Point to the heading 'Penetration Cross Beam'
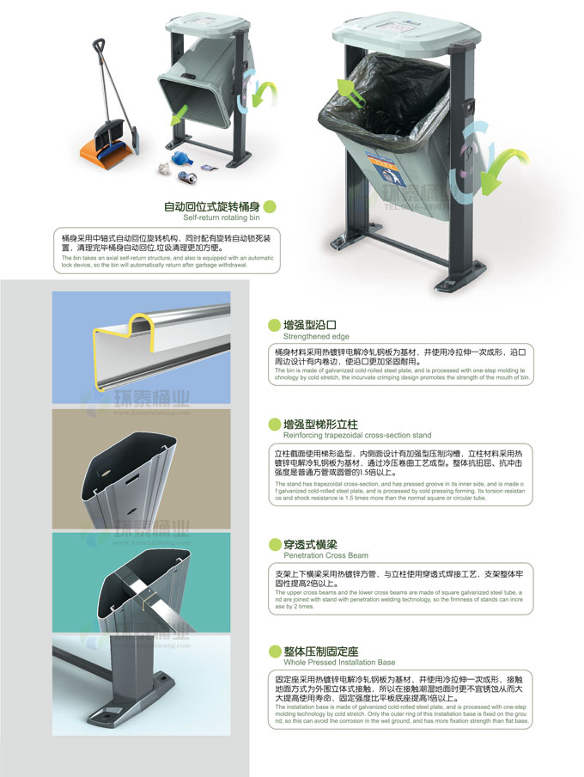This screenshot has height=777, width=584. [x=325, y=556]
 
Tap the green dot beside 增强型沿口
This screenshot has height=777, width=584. [x=274, y=326]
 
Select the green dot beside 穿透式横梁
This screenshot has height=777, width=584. [x=274, y=544]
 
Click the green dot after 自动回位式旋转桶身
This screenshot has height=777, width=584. [x=270, y=206]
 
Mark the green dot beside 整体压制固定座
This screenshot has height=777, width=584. [x=274, y=651]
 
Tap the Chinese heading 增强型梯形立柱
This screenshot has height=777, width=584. [x=320, y=424]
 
